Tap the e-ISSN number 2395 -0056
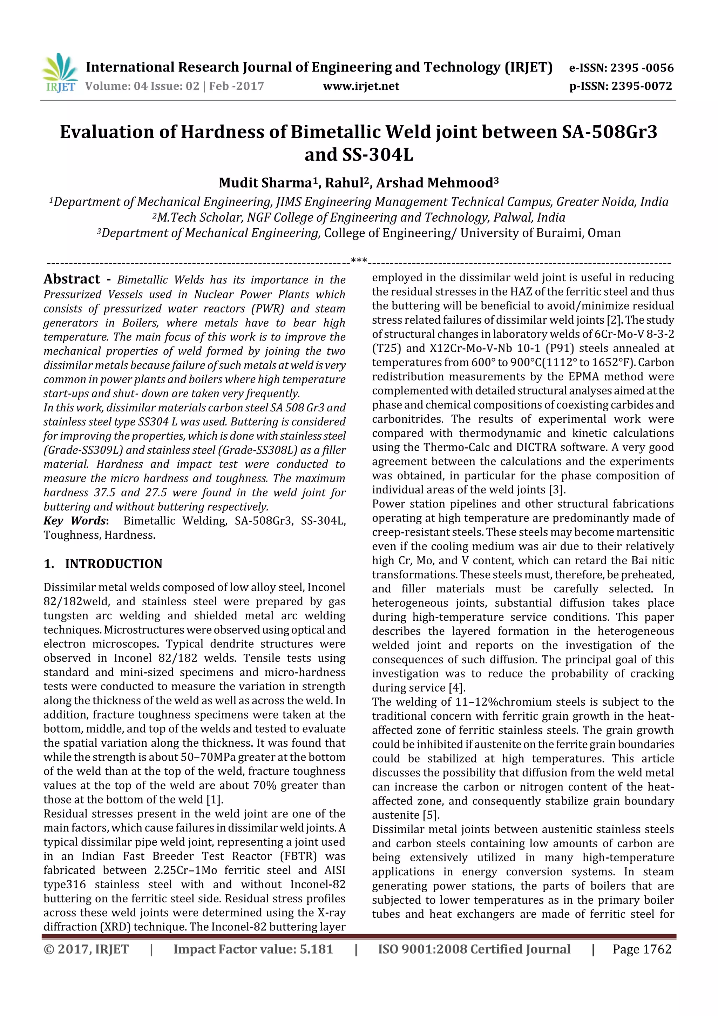[642, 68]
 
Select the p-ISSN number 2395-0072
[642, 86]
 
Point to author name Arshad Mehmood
[434, 183]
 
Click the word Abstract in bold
[72, 279]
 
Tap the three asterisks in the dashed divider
[359, 261]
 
